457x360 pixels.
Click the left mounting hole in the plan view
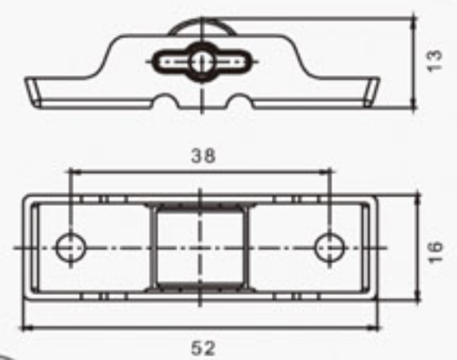(69, 247)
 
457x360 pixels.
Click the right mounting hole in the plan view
(329, 247)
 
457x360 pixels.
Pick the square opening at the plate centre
(201, 247)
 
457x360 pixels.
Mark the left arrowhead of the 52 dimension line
(26, 328)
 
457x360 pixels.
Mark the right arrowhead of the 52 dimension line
(377, 328)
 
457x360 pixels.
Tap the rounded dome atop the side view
(201, 27)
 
